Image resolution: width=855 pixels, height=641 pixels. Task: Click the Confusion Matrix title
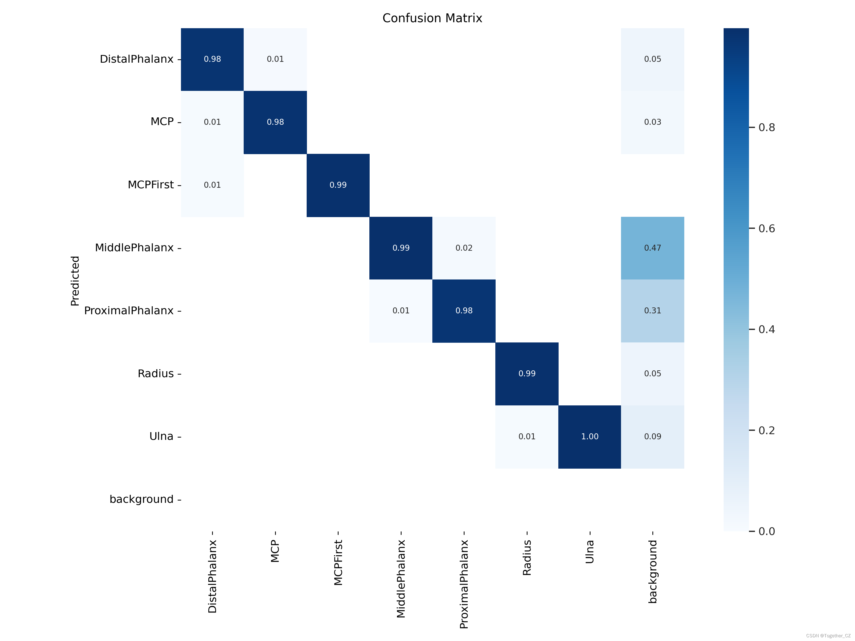pos(432,18)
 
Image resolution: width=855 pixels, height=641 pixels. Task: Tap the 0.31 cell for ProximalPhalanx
pos(652,311)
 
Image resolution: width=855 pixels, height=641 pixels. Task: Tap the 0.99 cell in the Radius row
pos(527,373)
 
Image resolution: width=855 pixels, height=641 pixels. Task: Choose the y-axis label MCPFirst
pos(151,185)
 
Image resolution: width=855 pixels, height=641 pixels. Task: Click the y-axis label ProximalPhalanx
pos(129,311)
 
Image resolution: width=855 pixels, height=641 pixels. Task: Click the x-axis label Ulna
pos(589,552)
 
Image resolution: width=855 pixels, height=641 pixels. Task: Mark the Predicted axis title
pos(75,281)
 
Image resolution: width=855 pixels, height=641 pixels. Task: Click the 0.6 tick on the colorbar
pos(766,228)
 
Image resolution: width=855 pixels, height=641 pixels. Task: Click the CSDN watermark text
pos(828,636)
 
